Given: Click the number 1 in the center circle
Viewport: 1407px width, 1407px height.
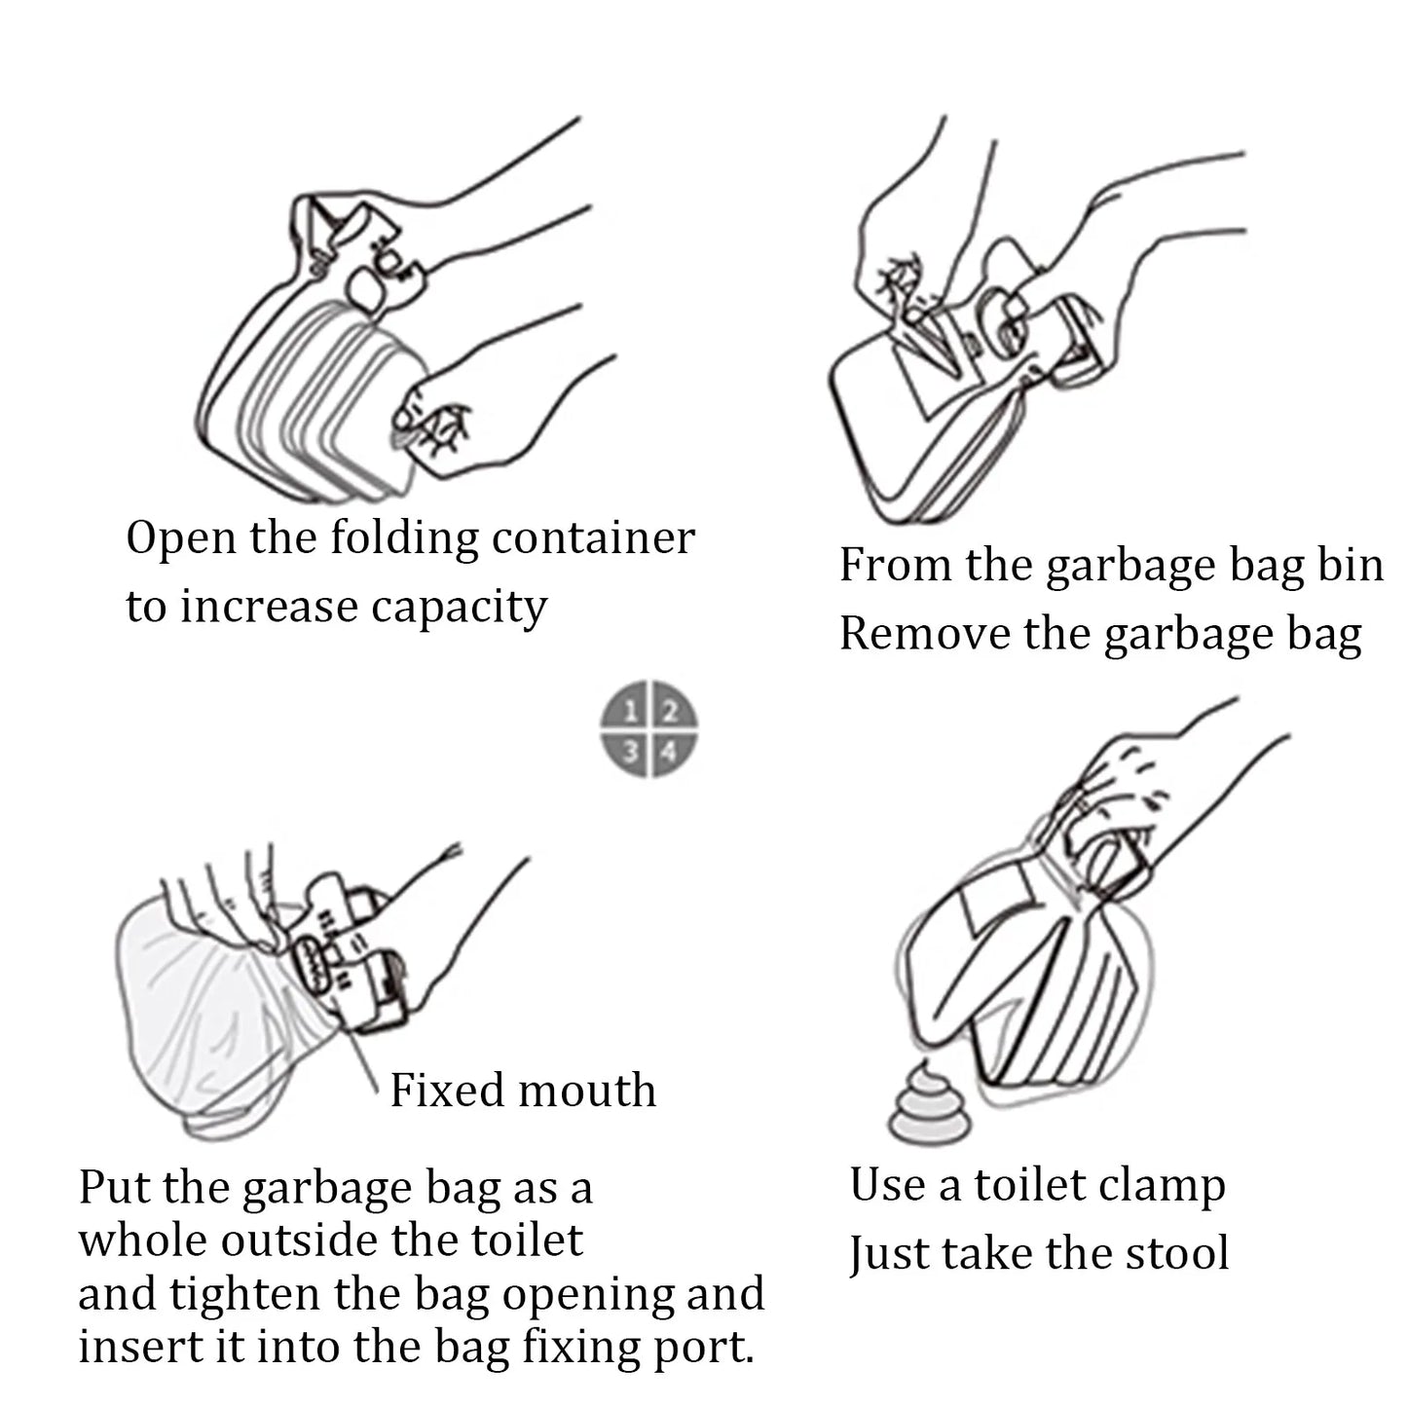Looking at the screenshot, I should (631, 711).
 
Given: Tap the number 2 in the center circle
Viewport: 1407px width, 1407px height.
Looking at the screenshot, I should (670, 711).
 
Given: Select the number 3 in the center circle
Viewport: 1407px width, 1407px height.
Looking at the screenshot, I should (631, 751).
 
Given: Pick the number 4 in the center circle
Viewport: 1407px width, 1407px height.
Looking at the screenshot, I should (670, 751).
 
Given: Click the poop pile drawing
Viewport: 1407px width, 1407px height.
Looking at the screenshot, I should (929, 1105).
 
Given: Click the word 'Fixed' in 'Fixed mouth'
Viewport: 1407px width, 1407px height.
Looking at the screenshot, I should (446, 1091).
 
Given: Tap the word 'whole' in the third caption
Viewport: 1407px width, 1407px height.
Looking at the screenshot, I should (142, 1241).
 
